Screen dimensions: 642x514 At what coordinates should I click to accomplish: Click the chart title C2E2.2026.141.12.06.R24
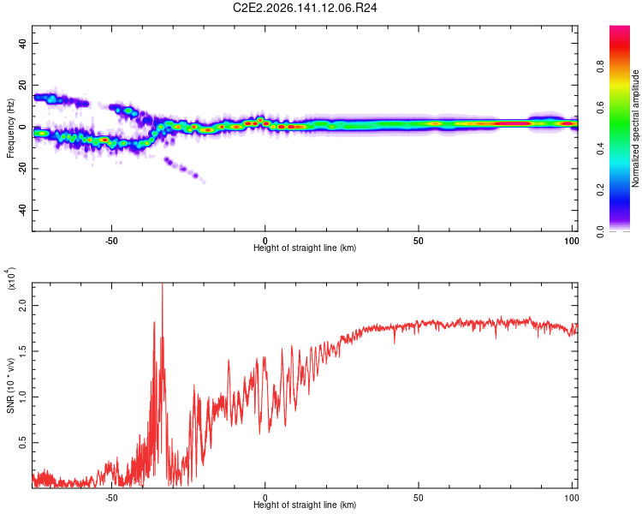305,8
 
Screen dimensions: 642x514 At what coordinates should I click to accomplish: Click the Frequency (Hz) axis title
10,128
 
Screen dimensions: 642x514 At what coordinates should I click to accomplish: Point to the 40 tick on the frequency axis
22,43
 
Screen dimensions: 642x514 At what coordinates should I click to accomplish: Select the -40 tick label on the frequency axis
22,210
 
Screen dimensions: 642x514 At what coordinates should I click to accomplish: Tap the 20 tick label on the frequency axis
22,85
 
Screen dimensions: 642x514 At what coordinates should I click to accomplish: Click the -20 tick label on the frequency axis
22,169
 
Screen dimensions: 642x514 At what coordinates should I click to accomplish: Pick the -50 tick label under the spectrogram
111,241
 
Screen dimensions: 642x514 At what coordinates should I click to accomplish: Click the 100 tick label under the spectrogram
572,241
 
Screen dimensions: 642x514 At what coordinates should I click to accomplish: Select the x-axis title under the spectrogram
305,248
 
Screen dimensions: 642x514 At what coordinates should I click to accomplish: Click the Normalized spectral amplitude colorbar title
635,128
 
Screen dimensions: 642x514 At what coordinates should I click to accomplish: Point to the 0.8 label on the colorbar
600,67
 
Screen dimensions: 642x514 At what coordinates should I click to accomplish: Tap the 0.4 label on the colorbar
600,149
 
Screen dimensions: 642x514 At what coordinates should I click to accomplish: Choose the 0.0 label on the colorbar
600,231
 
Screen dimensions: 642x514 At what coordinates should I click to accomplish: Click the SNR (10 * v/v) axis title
10,385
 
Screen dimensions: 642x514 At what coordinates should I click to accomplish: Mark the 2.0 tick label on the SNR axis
22,305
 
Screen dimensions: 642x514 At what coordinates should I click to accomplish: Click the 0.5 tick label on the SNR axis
22,443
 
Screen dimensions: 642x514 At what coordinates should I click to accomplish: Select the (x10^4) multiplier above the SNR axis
10,278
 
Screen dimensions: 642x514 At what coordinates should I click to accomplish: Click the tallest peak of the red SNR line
163,284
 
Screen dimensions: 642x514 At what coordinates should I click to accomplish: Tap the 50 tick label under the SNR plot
418,498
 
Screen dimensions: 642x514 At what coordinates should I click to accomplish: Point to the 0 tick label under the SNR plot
265,498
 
